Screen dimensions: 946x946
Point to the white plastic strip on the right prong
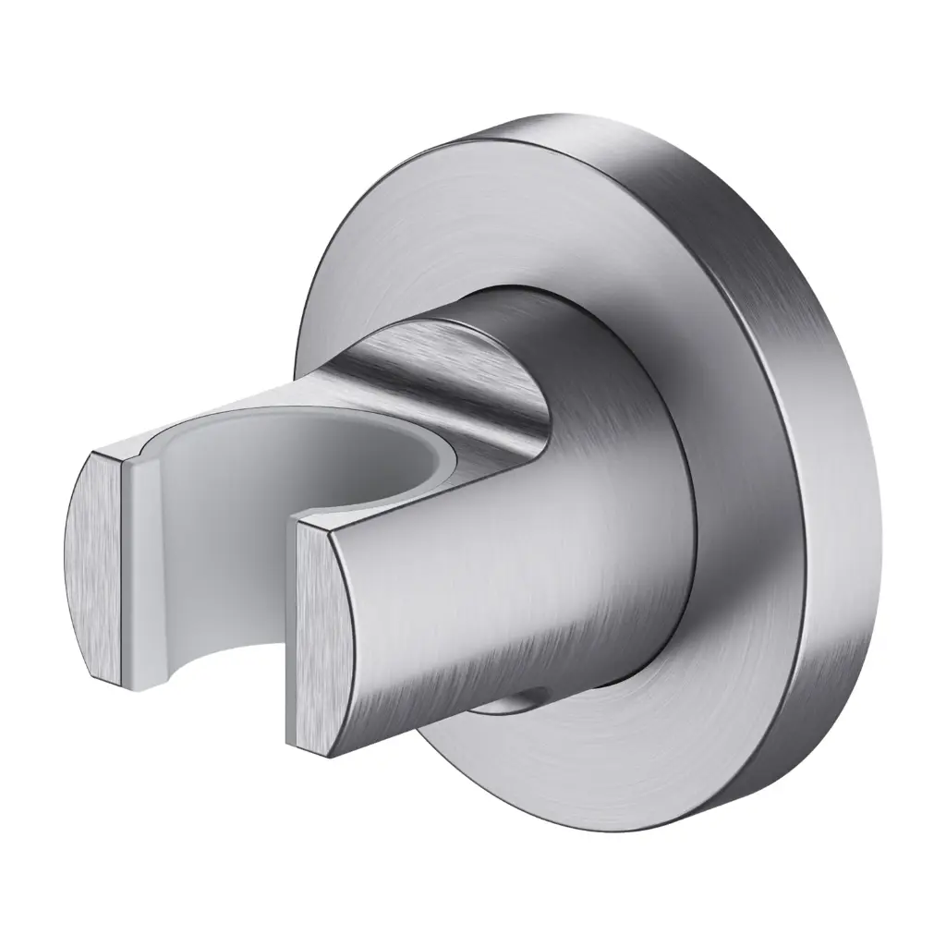297,637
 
